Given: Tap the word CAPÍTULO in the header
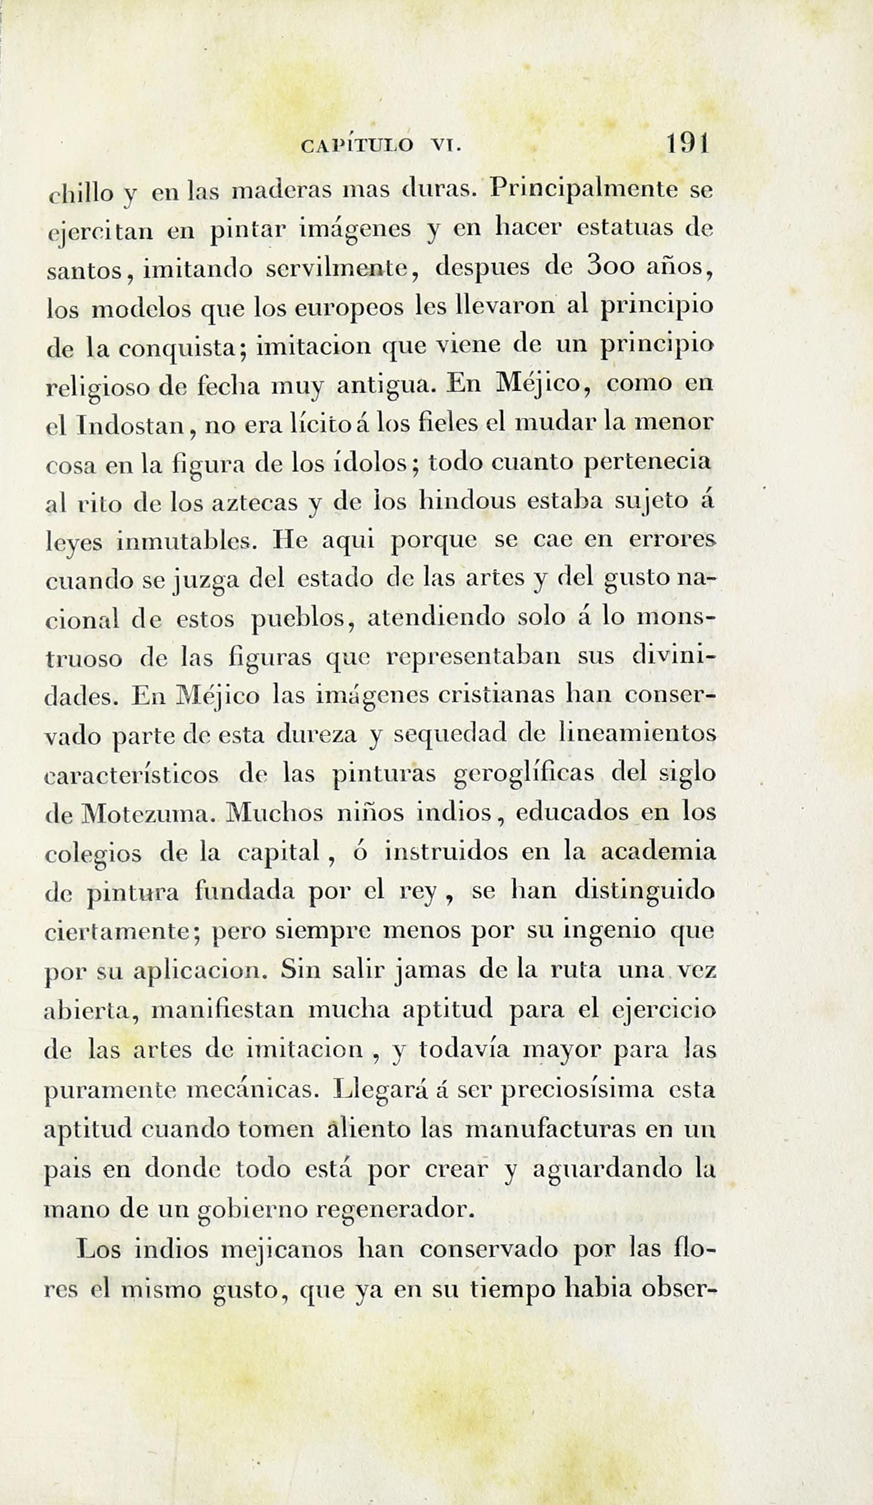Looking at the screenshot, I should click(x=357, y=146).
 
